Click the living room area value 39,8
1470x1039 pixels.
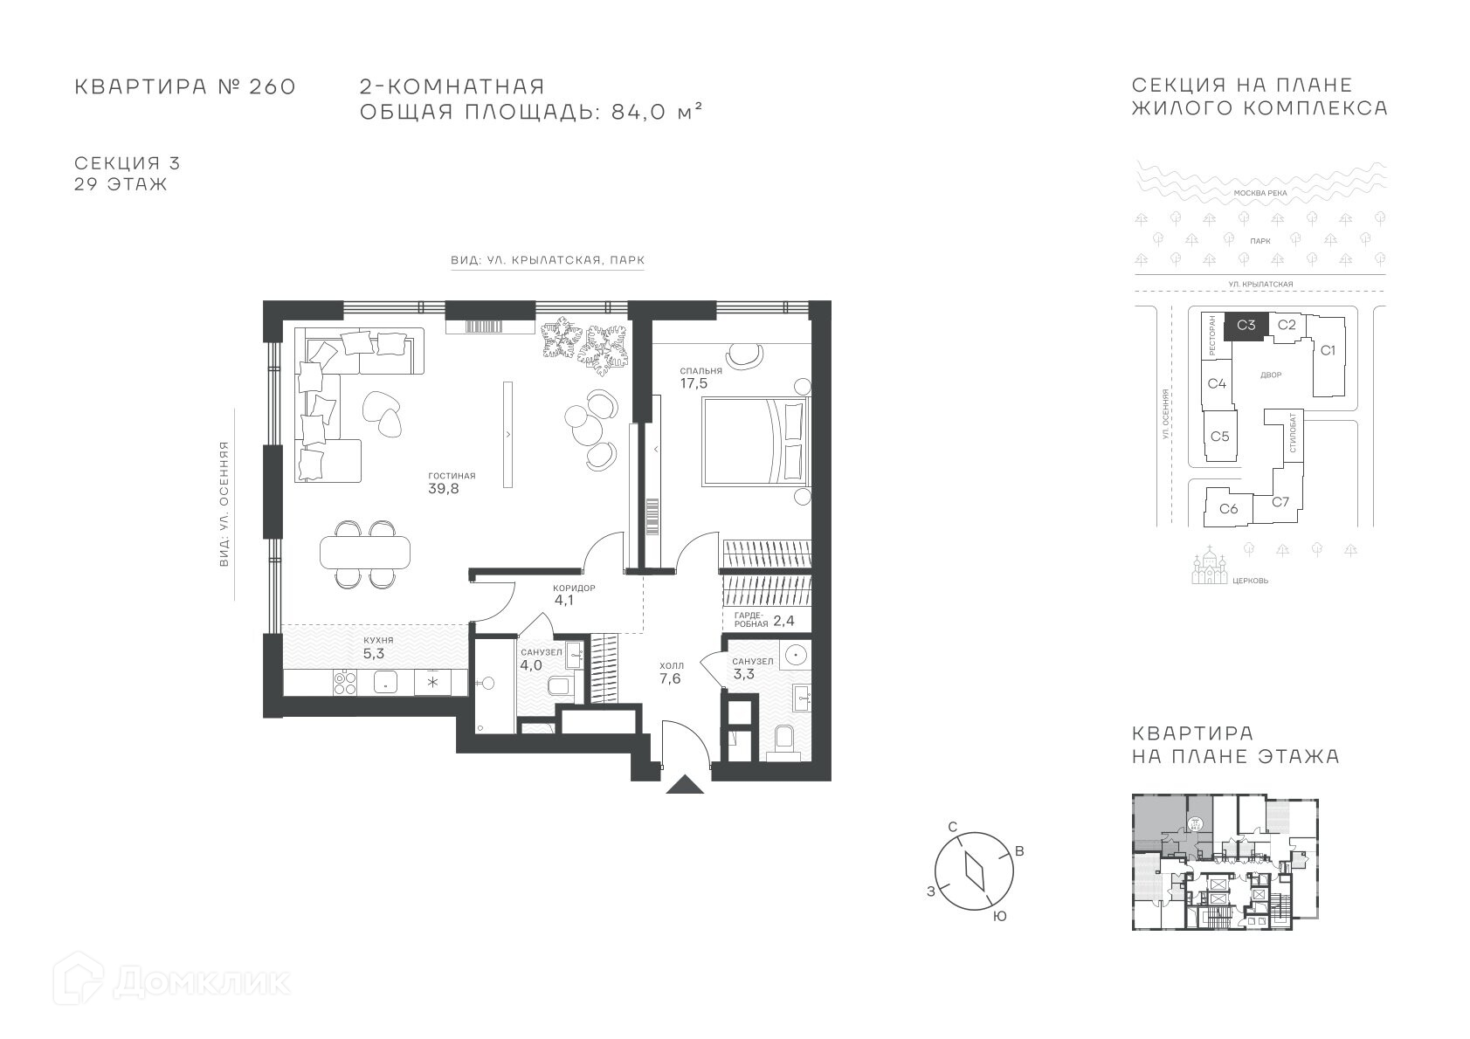click(x=444, y=489)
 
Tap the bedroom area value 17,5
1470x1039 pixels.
click(x=694, y=383)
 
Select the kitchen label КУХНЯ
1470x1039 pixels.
click(x=379, y=640)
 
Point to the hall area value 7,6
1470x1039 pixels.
click(x=670, y=679)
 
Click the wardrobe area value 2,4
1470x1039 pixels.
click(x=783, y=621)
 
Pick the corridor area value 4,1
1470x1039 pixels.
click(x=563, y=600)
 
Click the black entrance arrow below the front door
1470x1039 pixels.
click(x=685, y=784)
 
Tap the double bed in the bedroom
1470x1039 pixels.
click(x=756, y=441)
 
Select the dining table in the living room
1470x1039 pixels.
click(x=365, y=552)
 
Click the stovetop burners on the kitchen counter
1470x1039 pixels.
click(x=345, y=682)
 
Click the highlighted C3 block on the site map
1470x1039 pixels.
click(x=1246, y=326)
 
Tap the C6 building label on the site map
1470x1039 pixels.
click(x=1229, y=508)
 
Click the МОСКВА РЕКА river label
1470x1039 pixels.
click(x=1260, y=193)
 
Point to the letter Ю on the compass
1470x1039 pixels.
click(x=999, y=917)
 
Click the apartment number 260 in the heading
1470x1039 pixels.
click(x=273, y=86)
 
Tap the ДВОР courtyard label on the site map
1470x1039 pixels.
click(x=1271, y=375)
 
